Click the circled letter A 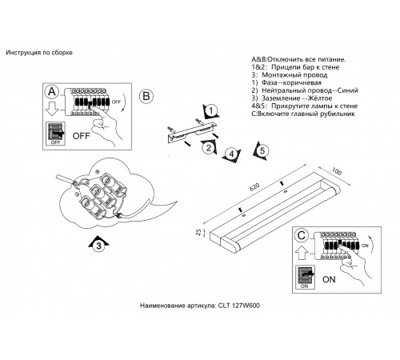[52, 92]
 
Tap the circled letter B [146, 96]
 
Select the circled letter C [302, 235]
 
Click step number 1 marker [211, 110]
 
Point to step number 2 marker [209, 147]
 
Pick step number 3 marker [98, 245]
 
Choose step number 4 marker [231, 154]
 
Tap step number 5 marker [261, 151]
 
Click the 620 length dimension [254, 187]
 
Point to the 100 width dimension [337, 171]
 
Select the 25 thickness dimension [198, 232]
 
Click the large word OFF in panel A [82, 136]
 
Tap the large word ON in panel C [329, 279]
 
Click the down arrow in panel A [52, 109]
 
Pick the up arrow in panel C [302, 253]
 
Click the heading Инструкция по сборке [39, 53]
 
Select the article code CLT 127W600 [239, 306]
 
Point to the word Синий [347, 90]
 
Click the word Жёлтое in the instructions [320, 98]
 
